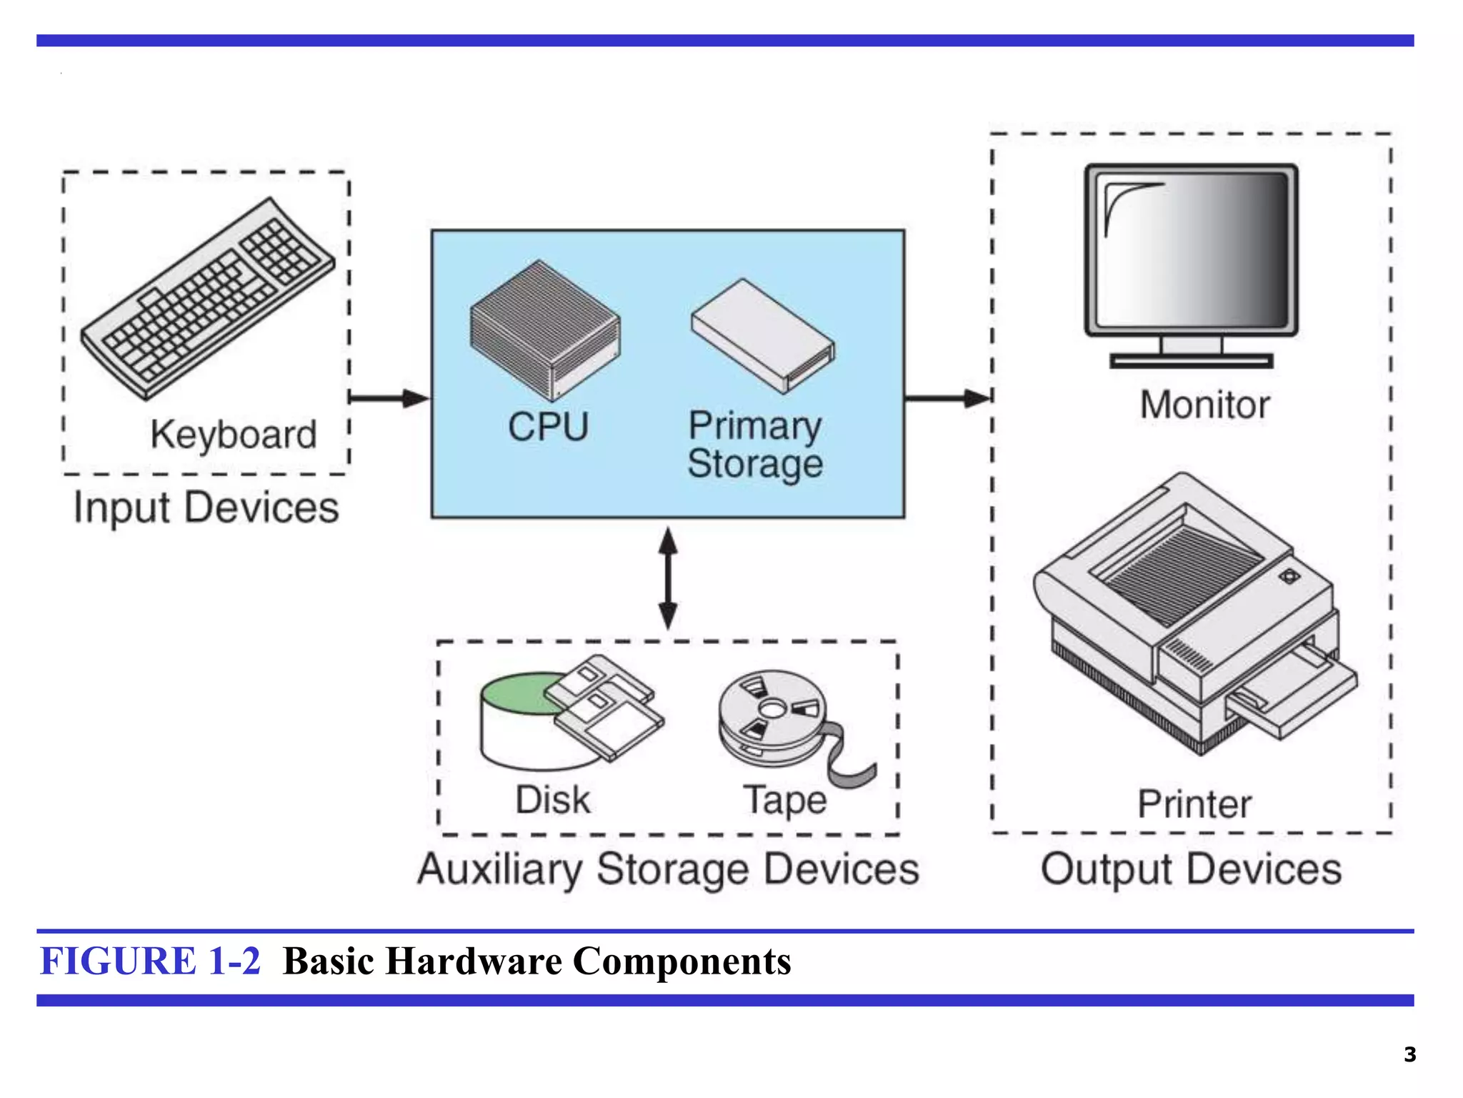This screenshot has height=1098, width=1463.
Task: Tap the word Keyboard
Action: (233, 434)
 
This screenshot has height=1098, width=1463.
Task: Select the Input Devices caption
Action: (206, 508)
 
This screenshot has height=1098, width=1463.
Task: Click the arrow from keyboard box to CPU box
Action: (389, 398)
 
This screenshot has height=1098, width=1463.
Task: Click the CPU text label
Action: (548, 427)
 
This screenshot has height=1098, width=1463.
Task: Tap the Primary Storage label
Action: (755, 445)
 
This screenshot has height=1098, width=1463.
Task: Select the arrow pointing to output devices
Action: (947, 398)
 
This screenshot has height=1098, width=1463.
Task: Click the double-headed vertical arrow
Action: (667, 579)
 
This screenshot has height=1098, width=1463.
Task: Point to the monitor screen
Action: (1191, 250)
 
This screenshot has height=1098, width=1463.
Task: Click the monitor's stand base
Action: (1191, 361)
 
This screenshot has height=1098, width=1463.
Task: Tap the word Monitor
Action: (1204, 405)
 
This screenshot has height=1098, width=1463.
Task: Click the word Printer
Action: (1194, 804)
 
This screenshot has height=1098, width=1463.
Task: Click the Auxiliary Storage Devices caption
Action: (668, 869)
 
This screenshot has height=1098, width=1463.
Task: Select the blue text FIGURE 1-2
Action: (150, 961)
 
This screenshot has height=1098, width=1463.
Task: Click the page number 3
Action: (1409, 1054)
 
